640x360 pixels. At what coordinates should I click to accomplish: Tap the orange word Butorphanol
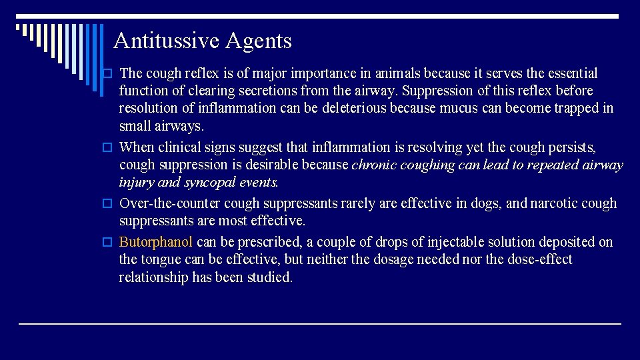(x=155, y=242)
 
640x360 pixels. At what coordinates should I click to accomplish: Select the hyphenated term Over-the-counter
(x=170, y=203)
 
